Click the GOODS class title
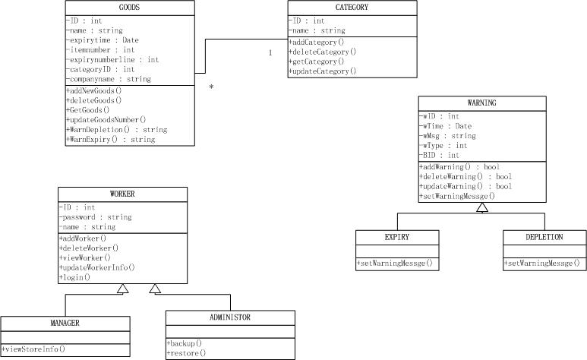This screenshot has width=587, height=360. point(129,8)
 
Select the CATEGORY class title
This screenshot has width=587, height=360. point(352,8)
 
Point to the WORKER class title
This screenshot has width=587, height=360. point(122,194)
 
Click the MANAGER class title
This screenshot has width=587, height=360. point(65,324)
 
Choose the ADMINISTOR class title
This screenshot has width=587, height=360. point(229,317)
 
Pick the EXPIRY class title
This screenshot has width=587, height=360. point(396,238)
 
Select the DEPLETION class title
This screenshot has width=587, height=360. point(543,238)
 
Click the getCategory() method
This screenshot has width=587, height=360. point(316,62)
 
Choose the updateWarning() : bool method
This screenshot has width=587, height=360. point(465,186)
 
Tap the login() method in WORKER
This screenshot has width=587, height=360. point(74,277)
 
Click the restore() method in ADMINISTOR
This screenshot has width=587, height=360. point(185,354)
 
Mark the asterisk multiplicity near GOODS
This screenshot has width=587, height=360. point(211,87)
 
